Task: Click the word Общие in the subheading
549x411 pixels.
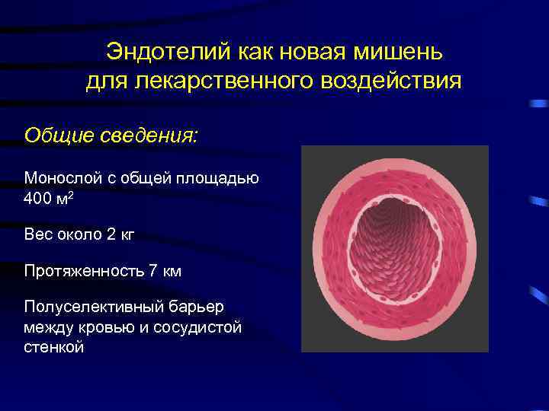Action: (x=55, y=135)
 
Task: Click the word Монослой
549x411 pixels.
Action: (x=62, y=178)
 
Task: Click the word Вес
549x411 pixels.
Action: (x=38, y=234)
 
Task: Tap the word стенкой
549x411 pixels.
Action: (x=54, y=348)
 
